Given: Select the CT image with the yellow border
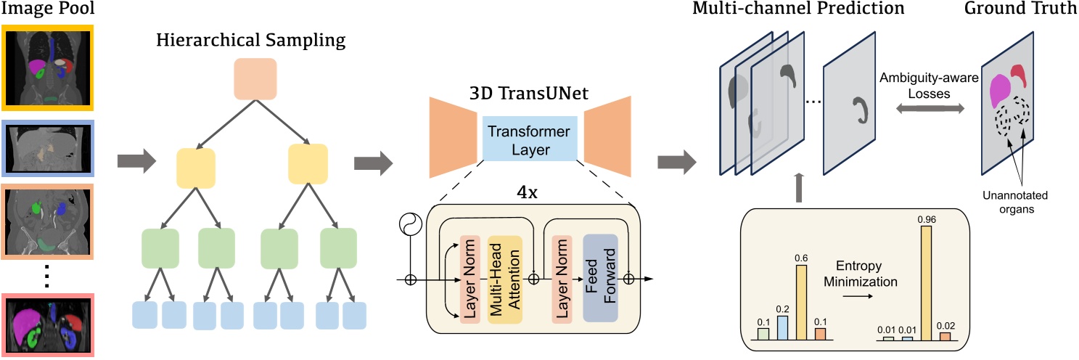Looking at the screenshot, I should tap(48, 66).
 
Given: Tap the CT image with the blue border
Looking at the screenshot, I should tap(48, 149).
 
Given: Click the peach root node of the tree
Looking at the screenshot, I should tap(255, 79).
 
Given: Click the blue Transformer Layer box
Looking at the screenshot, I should tap(530, 139).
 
